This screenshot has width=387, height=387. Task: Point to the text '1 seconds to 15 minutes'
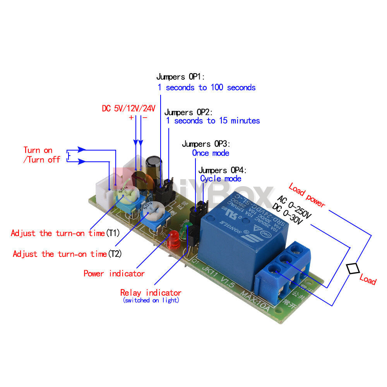click(213, 121)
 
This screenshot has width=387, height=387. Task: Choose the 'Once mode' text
click(211, 153)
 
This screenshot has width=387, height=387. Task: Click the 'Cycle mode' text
click(221, 178)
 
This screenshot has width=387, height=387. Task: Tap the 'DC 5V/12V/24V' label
click(128, 108)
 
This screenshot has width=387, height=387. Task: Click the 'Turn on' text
click(38, 150)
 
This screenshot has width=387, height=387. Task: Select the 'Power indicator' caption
click(114, 274)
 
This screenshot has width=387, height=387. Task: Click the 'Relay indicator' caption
click(151, 293)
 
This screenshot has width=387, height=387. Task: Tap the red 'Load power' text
click(307, 195)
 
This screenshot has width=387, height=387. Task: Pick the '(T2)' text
click(115, 254)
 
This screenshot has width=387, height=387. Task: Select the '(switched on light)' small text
click(151, 300)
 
